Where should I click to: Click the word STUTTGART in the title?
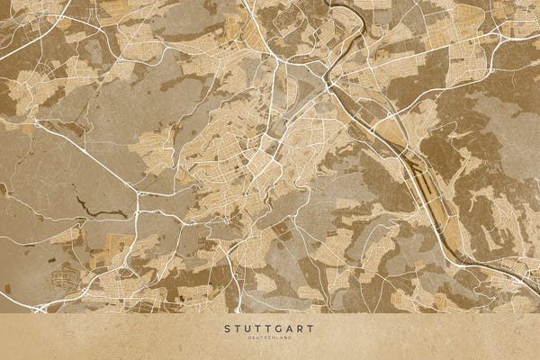point(270,328)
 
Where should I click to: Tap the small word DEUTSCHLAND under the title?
point(270,337)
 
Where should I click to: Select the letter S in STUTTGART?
point(228,328)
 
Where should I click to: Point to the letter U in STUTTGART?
point(248,328)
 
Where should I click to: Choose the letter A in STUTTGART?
point(291,328)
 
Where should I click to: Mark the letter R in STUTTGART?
point(301,328)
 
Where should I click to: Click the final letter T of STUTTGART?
point(311,328)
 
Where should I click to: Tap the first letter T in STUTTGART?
point(238,328)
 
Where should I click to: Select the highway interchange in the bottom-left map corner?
point(40,308)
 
